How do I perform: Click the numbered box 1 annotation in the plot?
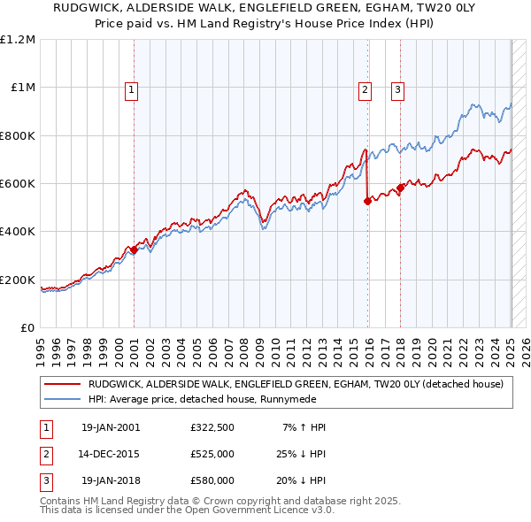tap(131, 88)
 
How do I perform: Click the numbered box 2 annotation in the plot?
tap(365, 88)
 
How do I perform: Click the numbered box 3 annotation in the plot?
tap(397, 88)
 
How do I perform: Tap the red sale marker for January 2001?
tap(134, 250)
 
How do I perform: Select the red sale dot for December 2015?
tap(367, 202)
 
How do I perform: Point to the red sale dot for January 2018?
tap(400, 188)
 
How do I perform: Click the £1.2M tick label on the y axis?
tap(18, 40)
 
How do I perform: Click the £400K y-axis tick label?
tap(18, 232)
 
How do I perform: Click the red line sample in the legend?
tap(63, 384)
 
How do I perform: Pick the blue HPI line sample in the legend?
tap(63, 399)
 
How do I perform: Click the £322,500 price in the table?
tap(212, 427)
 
